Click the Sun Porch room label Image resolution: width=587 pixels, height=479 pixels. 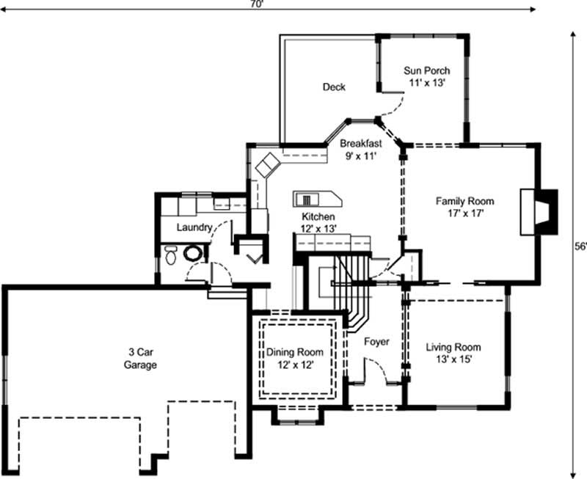pos(426,77)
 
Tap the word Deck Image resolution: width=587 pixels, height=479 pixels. pos(334,87)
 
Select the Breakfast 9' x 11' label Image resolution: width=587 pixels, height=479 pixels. pos(360,150)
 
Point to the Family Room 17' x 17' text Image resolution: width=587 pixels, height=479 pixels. pos(464,207)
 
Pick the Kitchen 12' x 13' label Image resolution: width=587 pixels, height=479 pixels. pos(319,223)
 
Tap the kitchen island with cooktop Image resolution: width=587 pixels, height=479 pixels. pos(317,199)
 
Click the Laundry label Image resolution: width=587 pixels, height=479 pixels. pos(194,227)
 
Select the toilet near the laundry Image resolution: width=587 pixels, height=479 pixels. pos(171,255)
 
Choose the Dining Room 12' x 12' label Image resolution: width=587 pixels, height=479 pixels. pos(294,358)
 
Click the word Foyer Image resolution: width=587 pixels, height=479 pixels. pos(376,342)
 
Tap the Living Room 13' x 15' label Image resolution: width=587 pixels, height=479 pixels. pos(453,353)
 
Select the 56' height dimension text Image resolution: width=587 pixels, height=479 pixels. pos(580,247)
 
